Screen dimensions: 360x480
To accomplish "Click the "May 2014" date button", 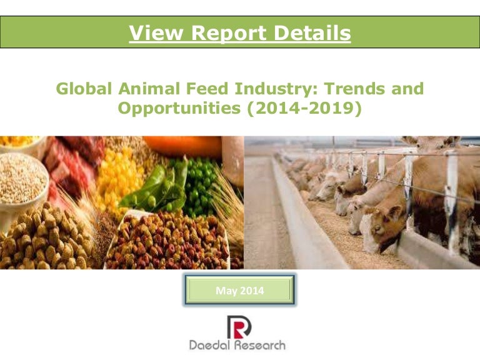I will [239, 291].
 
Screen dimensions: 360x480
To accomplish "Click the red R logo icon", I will [238, 326].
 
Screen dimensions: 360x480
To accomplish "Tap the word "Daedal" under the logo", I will [212, 344].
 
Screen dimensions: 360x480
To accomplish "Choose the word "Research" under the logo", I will [261, 344].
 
